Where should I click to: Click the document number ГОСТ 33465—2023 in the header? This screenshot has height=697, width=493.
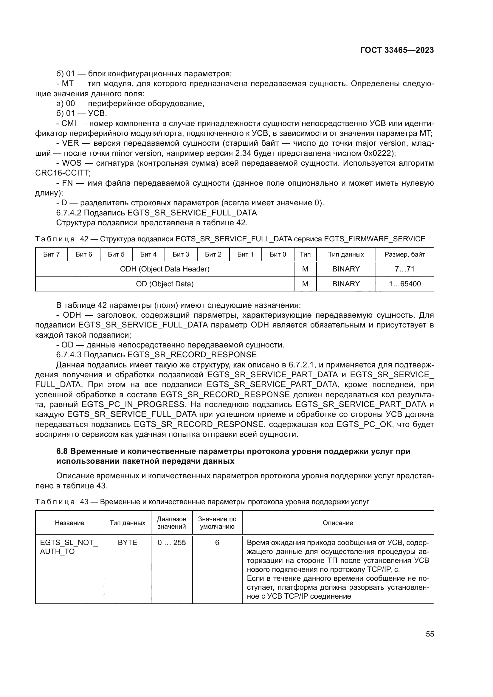[397, 50]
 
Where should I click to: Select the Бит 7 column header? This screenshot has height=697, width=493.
[51, 254]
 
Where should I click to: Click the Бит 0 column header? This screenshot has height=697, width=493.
[278, 254]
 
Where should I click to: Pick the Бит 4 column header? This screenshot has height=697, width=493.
[148, 254]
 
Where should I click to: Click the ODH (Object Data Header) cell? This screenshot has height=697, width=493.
[165, 269]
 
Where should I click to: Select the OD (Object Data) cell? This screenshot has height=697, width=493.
[165, 284]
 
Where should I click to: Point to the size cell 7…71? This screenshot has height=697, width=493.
[405, 269]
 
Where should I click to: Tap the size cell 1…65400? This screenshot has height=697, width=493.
[405, 284]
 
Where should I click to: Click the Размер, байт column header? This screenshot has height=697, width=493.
[405, 254]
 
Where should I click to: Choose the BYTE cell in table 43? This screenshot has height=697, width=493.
[128, 542]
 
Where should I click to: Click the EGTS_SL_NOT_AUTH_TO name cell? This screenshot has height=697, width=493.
[69, 547]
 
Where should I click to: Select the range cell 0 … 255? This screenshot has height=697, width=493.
[171, 542]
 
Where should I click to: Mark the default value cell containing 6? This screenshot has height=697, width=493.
[217, 542]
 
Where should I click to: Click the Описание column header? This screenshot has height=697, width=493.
[338, 523]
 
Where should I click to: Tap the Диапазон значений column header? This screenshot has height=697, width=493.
[171, 523]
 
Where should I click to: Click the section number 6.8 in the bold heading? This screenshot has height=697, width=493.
[62, 451]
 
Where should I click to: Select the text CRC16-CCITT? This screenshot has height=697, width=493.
[63, 173]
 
